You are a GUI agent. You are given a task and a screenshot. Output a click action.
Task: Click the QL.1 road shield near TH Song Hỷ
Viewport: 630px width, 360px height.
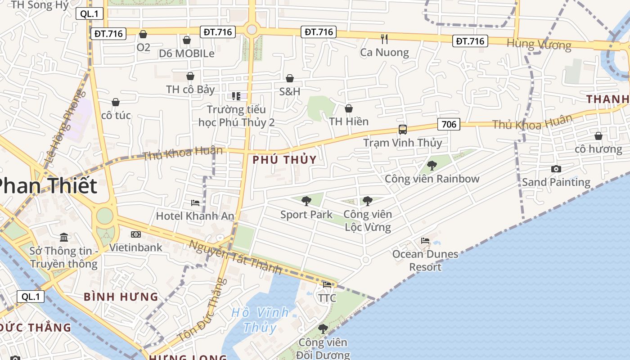tap(89, 13)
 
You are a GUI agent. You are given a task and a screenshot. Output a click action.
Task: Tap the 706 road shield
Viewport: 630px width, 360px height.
tap(449, 124)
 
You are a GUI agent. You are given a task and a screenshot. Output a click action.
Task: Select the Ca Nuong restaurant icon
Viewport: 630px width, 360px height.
tap(384, 39)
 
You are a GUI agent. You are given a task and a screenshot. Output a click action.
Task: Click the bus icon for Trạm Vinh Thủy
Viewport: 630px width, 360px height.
tap(402, 130)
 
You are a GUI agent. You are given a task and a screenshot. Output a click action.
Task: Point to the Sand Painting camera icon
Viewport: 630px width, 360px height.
tap(556, 169)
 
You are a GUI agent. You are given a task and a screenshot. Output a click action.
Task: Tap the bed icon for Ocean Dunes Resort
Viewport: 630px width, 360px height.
tap(425, 241)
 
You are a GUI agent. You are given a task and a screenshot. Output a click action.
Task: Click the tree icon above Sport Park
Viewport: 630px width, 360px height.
tap(306, 201)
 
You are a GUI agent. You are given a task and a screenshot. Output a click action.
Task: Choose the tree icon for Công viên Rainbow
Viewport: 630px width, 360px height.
tap(432, 166)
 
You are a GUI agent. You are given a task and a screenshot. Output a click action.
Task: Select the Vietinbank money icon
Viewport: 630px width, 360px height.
tap(135, 234)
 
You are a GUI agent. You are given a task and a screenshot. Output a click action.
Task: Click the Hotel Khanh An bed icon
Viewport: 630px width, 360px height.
tap(195, 203)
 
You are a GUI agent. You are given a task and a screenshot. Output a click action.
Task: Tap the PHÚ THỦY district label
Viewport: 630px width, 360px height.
tap(284, 159)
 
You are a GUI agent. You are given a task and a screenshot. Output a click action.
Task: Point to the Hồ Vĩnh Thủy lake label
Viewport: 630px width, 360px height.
tap(260, 319)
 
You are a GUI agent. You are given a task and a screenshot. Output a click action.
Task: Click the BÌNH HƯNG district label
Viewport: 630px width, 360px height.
tap(121, 297)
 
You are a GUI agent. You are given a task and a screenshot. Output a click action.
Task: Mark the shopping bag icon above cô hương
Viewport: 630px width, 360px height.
tap(598, 136)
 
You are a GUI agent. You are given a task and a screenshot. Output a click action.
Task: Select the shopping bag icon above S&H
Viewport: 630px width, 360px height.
tap(290, 78)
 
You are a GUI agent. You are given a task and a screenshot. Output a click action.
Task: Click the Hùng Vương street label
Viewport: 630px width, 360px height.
tap(539, 44)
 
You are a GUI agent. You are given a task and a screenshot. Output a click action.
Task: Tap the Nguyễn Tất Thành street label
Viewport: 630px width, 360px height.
tap(235, 257)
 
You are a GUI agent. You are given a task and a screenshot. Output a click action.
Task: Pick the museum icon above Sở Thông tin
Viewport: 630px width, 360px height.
tap(64, 237)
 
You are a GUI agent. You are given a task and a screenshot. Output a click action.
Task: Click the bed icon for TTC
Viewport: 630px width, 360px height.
tap(327, 285)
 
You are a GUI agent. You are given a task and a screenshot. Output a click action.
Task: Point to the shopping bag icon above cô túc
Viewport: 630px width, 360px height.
tap(116, 102)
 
